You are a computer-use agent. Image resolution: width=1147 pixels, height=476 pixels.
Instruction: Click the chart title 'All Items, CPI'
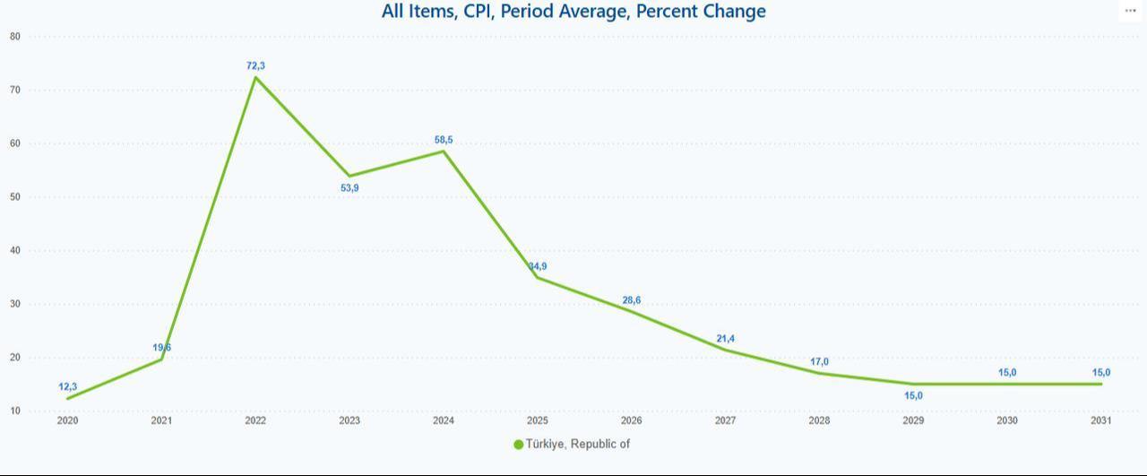(573, 12)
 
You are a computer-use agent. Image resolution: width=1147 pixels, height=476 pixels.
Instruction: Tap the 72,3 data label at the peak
(255, 65)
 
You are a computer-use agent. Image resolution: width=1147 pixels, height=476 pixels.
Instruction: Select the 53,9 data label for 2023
(349, 187)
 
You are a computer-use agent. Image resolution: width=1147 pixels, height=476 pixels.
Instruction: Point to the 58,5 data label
(444, 140)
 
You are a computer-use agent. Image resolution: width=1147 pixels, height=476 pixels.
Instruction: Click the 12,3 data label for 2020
(68, 386)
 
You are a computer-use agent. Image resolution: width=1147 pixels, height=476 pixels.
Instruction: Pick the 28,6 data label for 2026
(632, 300)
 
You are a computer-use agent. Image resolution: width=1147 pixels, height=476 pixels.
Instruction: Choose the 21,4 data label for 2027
(726, 338)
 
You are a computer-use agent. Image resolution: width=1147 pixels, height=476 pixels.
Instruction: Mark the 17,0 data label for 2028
(819, 362)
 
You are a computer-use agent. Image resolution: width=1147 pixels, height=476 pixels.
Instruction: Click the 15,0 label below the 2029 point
(913, 395)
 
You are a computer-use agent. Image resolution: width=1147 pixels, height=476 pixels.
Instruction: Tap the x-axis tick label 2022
(255, 420)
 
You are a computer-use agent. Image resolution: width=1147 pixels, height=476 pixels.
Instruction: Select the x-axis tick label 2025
(538, 420)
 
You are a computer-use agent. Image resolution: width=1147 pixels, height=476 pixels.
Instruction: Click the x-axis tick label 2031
(1101, 420)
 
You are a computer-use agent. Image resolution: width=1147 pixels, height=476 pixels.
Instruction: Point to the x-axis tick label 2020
(68, 420)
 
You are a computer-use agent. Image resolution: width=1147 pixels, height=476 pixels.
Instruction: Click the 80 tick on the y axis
(15, 37)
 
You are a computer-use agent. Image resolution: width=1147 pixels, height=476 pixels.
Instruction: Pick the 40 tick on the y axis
(15, 251)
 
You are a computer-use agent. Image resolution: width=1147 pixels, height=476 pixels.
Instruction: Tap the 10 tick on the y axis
(15, 411)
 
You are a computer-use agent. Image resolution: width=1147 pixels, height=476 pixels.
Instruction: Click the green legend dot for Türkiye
(518, 445)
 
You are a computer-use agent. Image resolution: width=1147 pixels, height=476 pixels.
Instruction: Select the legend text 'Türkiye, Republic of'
(578, 444)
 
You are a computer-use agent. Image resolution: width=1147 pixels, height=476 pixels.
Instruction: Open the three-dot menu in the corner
(1130, 11)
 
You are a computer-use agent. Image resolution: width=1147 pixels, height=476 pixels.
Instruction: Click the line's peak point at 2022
(255, 77)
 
